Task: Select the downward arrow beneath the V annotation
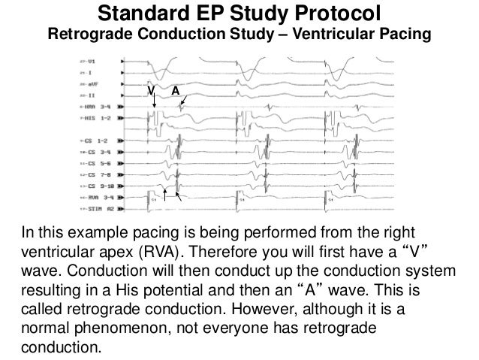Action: [153, 104]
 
